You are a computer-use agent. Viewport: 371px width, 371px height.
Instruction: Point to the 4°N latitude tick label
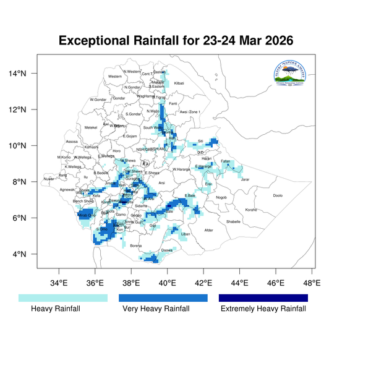[20, 254]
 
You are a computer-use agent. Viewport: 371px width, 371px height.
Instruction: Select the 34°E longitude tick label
[59, 283]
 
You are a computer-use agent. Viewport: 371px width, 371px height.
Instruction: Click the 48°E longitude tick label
[312, 283]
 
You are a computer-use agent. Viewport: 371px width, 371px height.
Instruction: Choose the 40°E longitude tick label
[167, 283]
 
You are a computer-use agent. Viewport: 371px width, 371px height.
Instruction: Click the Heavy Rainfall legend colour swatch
[63, 298]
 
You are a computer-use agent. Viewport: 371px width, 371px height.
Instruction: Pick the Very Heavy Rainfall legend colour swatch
[164, 298]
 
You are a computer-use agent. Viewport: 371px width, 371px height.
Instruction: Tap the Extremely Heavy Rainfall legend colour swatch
[263, 298]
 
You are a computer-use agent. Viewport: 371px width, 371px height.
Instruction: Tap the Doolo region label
[278, 195]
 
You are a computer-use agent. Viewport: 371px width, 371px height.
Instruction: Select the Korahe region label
[251, 210]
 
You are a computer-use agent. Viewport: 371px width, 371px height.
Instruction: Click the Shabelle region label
[233, 221]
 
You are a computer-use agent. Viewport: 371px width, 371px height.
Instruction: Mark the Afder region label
[208, 231]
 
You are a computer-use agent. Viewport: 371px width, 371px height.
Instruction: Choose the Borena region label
[136, 245]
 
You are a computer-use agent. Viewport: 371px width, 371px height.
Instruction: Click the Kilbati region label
[179, 83]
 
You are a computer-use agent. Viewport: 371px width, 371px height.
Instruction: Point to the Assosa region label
[72, 142]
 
